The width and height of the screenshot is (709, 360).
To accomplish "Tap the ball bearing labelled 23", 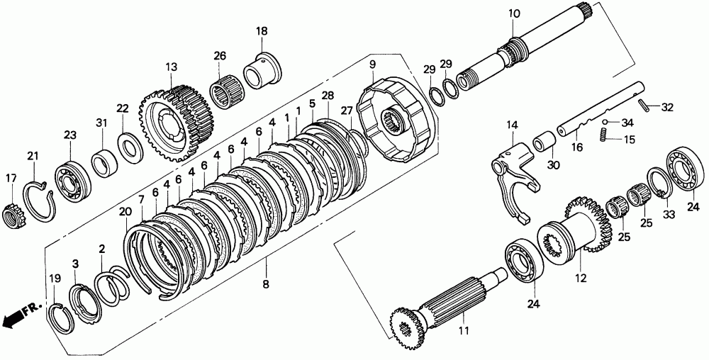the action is pos(73,181).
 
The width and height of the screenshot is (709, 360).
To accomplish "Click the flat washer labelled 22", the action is pos(130,147).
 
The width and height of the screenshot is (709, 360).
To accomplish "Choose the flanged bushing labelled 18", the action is pos(262,72).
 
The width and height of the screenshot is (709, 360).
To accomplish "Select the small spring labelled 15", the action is pos(603,135).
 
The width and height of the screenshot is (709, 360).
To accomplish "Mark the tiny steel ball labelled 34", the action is pos(605,122).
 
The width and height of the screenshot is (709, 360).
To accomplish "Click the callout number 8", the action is pos(266,285).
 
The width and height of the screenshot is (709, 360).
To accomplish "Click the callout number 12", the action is pos(581,279).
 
